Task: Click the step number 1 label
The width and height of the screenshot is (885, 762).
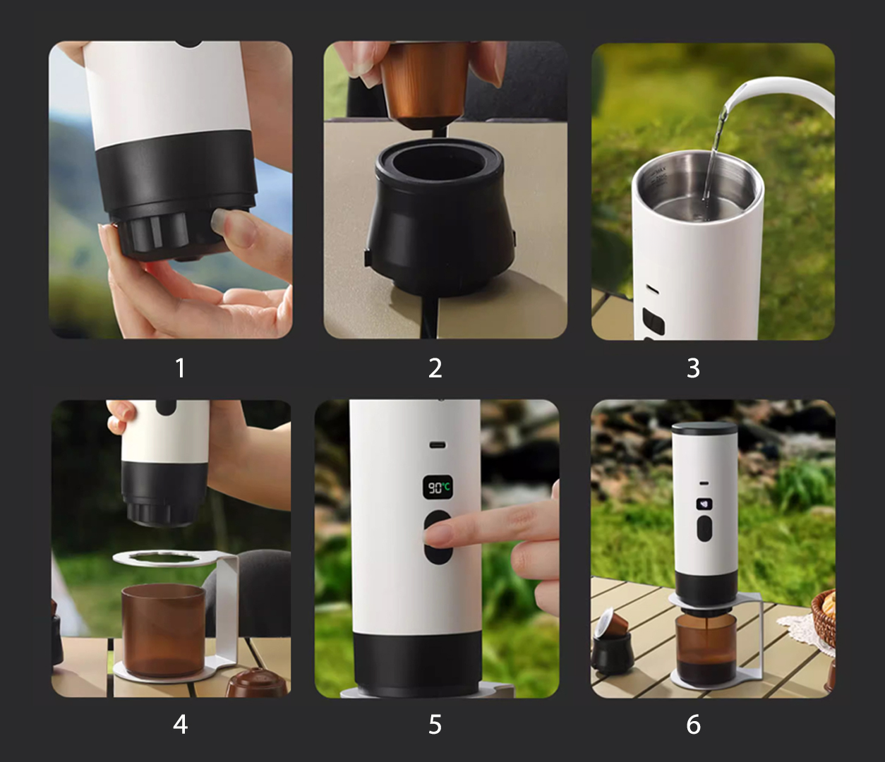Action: coord(180,368)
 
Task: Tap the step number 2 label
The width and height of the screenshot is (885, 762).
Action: coord(435,368)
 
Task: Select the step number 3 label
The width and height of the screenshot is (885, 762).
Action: coord(693,368)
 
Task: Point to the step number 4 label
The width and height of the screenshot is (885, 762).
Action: coord(180,725)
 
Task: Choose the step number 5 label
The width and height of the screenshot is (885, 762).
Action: coord(435,725)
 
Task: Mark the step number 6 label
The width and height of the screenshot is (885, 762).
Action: coord(693,725)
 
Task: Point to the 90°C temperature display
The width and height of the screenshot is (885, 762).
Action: coord(438,487)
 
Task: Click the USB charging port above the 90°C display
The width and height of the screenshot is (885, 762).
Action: coord(438,445)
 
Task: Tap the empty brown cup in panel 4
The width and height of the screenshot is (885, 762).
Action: coord(163,631)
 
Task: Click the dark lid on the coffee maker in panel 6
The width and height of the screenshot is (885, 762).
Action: coord(704,428)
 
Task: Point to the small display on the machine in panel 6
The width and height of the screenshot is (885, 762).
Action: coord(704,504)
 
